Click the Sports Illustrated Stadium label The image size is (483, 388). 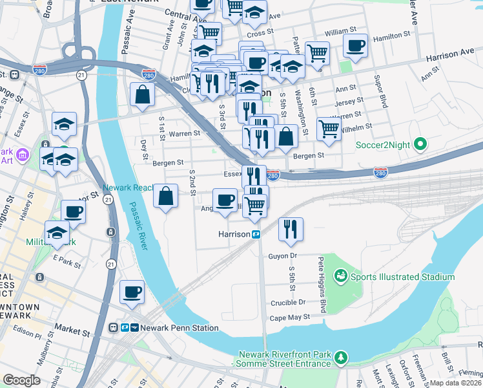[x=402, y=277]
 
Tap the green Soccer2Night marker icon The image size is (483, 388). [x=421, y=144]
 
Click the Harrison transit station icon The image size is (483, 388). [x=256, y=234]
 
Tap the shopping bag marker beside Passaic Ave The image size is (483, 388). [x=141, y=94]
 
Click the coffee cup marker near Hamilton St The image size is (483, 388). [x=355, y=46]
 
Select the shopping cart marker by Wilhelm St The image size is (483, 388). [x=329, y=129]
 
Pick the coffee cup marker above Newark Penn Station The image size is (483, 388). [x=132, y=292]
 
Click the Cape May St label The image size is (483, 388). [x=290, y=318]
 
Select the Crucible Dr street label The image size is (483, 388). [x=288, y=302]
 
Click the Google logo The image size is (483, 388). [x=21, y=380]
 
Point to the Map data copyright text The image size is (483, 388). [x=455, y=383]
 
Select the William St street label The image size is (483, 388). [x=340, y=30]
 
